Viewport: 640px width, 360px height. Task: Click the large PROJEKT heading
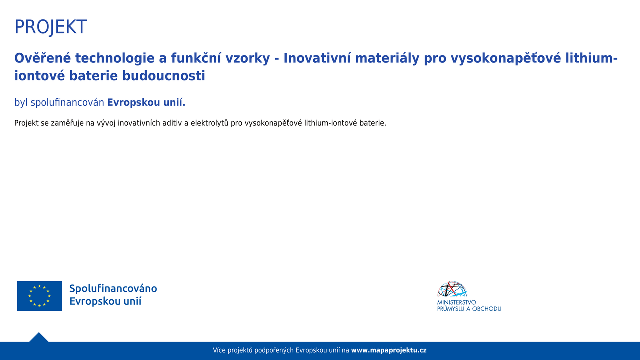point(50,27)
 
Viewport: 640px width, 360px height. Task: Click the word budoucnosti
point(163,76)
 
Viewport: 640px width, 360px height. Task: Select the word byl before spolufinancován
point(21,102)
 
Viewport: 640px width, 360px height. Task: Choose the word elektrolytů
point(209,123)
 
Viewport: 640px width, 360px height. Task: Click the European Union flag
point(39,296)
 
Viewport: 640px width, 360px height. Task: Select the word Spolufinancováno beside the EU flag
point(113,289)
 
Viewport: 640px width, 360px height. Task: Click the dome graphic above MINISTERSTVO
point(452,289)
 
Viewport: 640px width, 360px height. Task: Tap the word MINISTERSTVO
point(457,302)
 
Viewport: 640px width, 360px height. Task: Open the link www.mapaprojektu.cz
point(389,350)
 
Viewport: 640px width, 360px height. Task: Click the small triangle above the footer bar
point(39,337)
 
